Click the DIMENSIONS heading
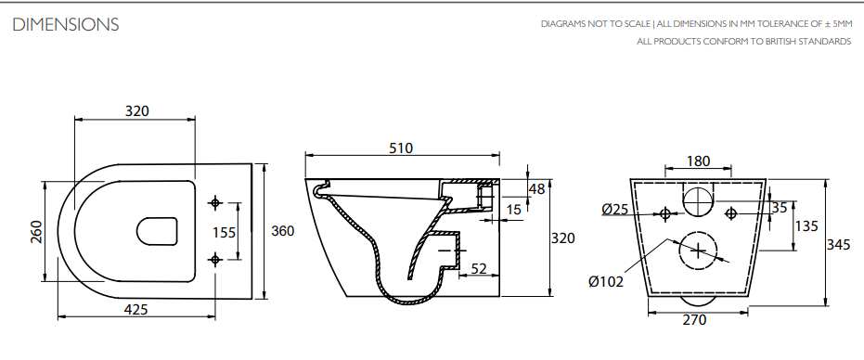pyautogui.click(x=66, y=25)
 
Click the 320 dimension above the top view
pyautogui.click(x=136, y=110)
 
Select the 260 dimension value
pyautogui.click(x=35, y=232)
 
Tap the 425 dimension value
pyautogui.click(x=135, y=309)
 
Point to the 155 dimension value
pyautogui.click(x=225, y=232)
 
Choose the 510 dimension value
pyautogui.click(x=401, y=148)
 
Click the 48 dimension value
pyautogui.click(x=536, y=189)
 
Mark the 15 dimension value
pyautogui.click(x=513, y=210)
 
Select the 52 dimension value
pyautogui.click(x=480, y=268)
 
